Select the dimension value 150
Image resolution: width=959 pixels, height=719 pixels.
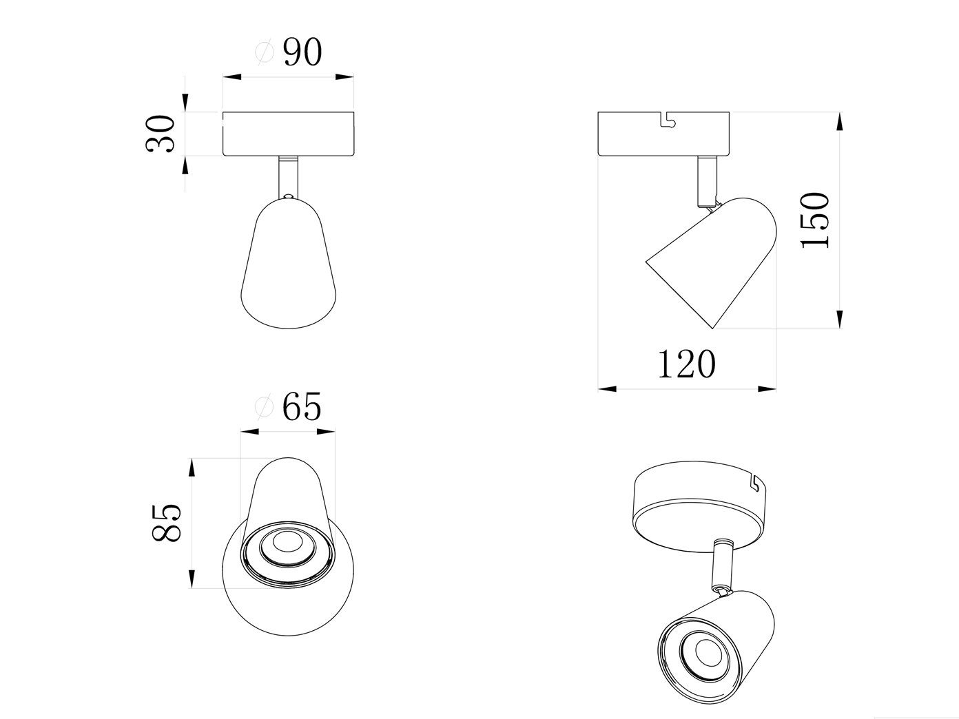click(x=816, y=220)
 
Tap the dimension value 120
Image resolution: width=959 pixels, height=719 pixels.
click(x=687, y=364)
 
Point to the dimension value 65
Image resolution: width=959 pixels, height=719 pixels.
click(x=302, y=408)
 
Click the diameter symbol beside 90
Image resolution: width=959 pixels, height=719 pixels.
click(x=263, y=53)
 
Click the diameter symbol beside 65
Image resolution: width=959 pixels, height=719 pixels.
click(x=262, y=408)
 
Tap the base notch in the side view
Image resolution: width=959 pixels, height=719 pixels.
click(x=667, y=121)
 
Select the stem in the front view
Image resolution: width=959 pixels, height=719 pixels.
click(x=288, y=176)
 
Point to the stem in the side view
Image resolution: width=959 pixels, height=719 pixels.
click(x=706, y=181)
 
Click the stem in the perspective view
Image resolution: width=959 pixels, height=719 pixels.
click(x=722, y=565)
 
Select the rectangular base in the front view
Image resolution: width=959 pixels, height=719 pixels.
click(x=288, y=134)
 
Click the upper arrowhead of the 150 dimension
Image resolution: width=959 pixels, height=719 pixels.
click(x=839, y=123)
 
